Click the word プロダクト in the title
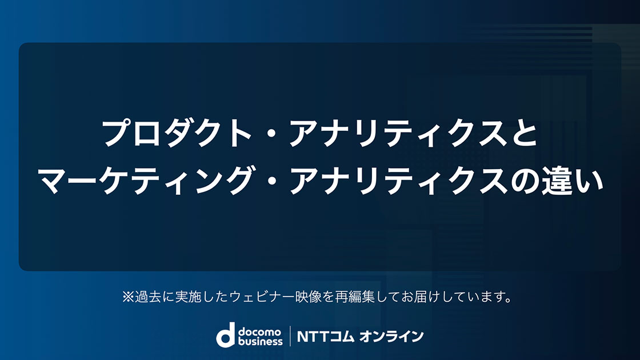[x=176, y=133]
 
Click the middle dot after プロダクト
[x=270, y=134]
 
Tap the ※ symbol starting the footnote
[x=128, y=297]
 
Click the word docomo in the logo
[x=260, y=331]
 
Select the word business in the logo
[x=260, y=341]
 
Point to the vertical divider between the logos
[x=290, y=336]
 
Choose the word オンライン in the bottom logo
[x=391, y=337]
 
